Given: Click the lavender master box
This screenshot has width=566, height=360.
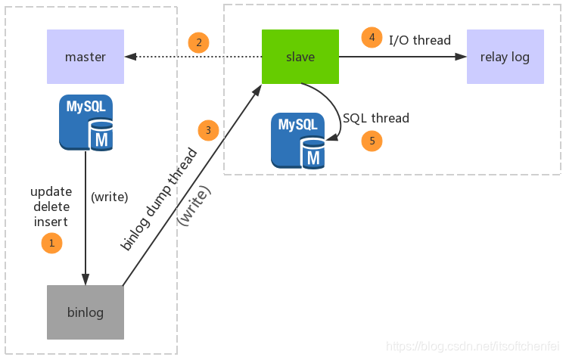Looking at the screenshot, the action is click(86, 57).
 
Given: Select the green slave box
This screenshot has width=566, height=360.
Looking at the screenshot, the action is click(300, 57).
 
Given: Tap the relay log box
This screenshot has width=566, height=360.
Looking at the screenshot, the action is click(505, 57).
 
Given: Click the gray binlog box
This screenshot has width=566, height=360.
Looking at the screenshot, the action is click(86, 312).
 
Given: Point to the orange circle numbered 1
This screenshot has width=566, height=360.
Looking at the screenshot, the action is click(51, 243).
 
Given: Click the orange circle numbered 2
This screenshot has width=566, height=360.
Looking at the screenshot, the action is click(198, 42).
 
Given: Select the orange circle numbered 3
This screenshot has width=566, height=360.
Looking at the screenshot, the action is click(208, 130).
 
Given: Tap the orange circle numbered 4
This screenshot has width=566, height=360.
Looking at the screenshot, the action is click(372, 37).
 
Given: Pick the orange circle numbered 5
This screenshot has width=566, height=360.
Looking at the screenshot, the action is click(372, 141).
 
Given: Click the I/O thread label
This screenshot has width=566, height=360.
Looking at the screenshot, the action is click(420, 40).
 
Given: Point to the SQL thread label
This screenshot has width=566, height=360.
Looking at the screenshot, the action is click(376, 118).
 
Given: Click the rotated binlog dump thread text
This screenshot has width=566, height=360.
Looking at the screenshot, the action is click(159, 199).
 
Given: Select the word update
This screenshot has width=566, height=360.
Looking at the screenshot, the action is click(51, 192).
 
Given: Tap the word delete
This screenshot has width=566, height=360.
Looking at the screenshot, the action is click(51, 206).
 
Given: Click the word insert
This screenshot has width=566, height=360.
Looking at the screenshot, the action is click(51, 222).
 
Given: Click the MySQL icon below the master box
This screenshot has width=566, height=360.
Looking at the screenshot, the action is click(86, 123).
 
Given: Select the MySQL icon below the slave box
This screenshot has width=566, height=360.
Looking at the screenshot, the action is click(298, 141).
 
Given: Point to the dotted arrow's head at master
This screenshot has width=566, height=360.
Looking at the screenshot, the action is click(130, 57).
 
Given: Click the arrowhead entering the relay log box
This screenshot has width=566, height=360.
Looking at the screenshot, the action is click(461, 57).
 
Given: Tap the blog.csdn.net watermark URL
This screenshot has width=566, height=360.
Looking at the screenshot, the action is click(472, 346).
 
